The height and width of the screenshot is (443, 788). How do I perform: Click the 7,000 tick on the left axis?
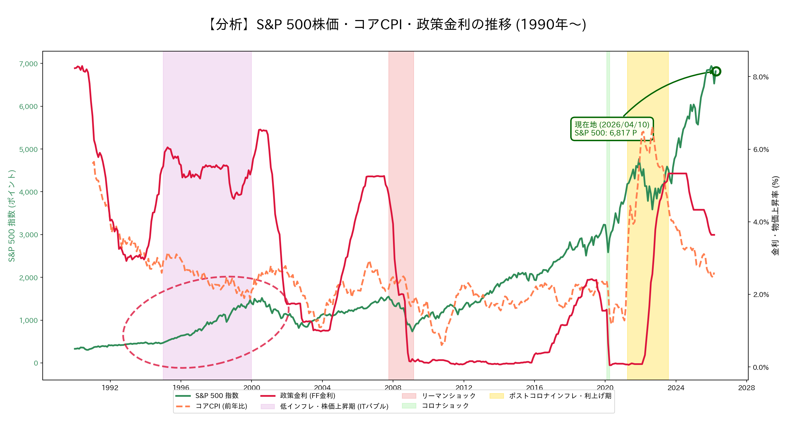29,64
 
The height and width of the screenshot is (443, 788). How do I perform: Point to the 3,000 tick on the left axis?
29,235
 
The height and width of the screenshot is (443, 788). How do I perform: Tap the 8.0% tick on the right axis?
760,77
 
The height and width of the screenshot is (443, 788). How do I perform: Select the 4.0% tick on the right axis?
760,222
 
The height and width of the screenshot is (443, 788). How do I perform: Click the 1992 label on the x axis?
110,388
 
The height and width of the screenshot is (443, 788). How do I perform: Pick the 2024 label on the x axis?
676,388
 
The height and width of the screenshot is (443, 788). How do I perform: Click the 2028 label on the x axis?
746,388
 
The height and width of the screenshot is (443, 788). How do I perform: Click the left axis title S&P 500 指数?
12,216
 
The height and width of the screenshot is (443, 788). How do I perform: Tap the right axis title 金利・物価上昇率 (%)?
775,216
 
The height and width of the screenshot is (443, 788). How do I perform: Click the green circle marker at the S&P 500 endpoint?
716,71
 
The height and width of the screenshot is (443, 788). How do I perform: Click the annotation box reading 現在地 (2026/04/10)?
612,129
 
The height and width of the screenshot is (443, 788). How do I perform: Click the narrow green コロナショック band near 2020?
608,197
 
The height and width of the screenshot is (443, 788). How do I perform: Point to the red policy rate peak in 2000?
260,130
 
